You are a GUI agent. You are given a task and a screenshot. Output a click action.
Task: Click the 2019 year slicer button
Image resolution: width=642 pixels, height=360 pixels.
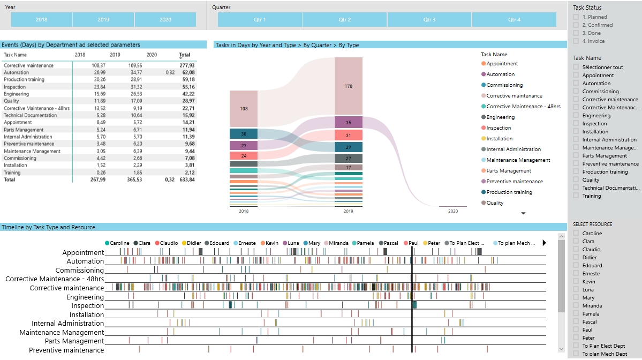103,20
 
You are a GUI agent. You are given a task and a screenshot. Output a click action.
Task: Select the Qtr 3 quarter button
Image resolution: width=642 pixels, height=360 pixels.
429,20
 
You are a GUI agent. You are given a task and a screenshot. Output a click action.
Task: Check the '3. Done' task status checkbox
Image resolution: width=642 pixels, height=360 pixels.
576,33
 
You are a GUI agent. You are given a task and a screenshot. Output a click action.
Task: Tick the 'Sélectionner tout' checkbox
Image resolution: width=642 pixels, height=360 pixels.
576,67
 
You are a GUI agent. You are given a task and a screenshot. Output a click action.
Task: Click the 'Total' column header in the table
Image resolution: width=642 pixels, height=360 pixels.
184,55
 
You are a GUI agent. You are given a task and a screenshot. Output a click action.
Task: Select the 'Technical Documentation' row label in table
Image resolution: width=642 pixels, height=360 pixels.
30,115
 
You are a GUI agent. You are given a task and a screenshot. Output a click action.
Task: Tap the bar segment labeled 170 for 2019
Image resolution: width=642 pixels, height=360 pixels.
348,86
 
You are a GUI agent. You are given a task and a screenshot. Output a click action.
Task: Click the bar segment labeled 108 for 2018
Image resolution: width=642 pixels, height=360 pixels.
244,109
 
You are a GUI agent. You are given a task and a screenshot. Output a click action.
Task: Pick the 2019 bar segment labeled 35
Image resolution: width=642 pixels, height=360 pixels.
348,122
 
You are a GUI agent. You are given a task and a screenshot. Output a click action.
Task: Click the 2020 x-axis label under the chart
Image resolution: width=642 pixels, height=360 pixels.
453,212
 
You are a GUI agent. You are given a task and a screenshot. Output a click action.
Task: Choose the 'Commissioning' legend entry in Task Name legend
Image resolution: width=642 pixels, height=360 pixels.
504,85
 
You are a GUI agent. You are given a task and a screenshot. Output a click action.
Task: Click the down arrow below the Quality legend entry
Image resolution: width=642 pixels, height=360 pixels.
524,213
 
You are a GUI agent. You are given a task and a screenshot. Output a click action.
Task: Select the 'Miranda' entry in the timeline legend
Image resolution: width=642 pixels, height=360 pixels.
338,243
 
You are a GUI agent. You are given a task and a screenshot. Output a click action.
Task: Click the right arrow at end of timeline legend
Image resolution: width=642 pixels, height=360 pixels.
545,243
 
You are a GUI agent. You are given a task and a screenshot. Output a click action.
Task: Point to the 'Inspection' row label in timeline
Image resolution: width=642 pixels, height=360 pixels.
88,306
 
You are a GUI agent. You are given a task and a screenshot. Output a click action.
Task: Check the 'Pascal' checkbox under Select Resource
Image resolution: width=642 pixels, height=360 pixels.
576,322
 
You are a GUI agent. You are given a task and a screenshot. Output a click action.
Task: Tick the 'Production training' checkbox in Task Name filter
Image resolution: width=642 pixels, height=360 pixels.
576,172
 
